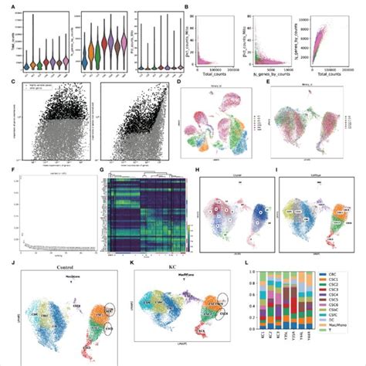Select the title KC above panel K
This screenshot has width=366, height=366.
point(178,266)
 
